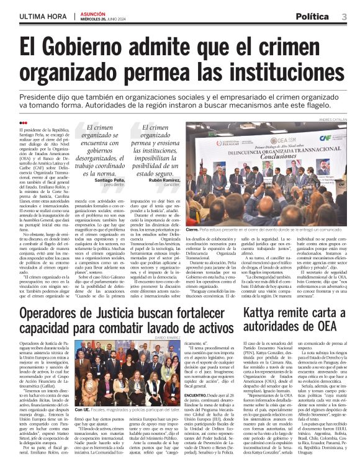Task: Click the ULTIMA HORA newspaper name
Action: pyautogui.click(x=42, y=16)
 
